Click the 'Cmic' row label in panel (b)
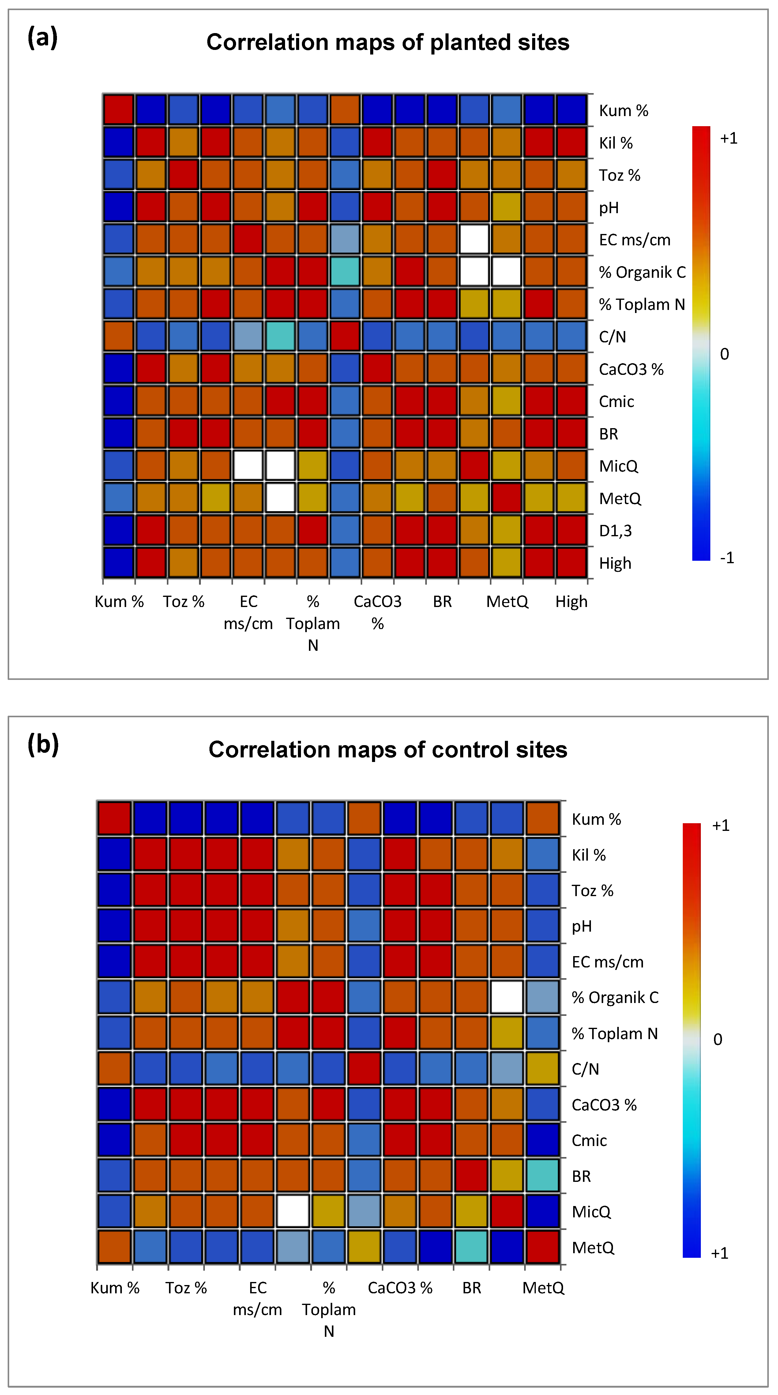(589, 1141)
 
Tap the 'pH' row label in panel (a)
(609, 207)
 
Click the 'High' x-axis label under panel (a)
(571, 602)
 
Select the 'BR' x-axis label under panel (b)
(472, 1288)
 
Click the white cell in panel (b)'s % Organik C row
(507, 997)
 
